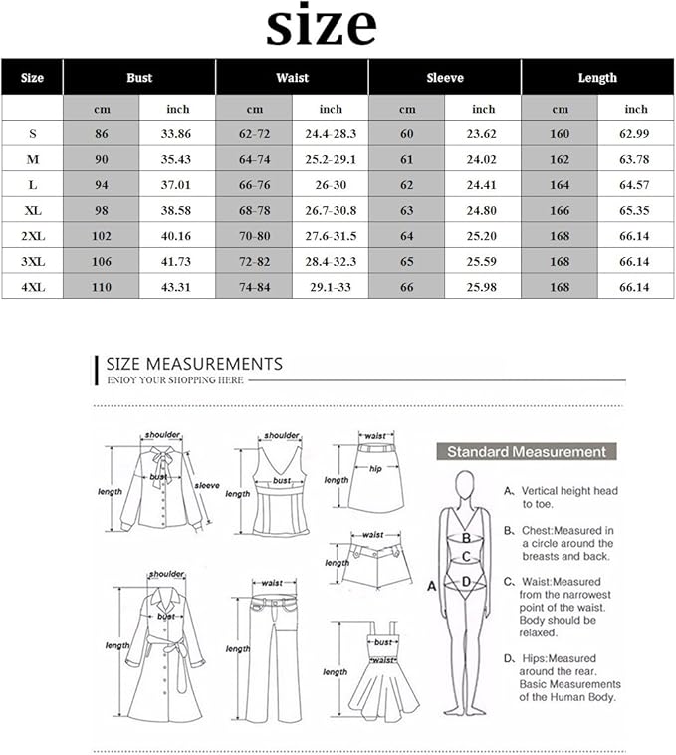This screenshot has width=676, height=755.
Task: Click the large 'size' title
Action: point(321,27)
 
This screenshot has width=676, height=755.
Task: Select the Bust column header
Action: point(139,77)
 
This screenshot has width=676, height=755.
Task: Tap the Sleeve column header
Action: point(445,77)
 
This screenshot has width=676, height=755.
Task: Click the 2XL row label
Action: point(32,236)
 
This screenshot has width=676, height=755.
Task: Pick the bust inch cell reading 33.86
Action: point(177,132)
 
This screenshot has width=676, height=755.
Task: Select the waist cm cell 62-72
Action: point(254,132)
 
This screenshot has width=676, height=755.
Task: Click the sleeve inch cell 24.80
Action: point(483,210)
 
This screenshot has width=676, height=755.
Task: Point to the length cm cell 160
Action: point(560,132)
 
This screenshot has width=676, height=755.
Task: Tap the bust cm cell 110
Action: point(101,288)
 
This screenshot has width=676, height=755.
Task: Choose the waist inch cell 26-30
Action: point(331,184)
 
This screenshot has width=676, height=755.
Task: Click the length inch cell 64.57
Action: point(636,184)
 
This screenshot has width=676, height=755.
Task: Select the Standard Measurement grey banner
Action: point(526,452)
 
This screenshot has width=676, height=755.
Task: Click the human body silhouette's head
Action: point(463,485)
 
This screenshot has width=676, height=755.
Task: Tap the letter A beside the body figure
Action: point(431,586)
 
